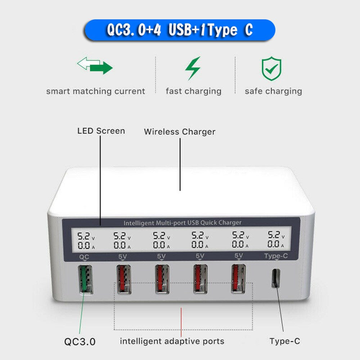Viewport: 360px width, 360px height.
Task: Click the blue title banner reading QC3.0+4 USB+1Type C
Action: (180, 30)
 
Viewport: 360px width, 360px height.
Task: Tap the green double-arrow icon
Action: (95, 66)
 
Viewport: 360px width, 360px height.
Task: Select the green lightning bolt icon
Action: (193, 68)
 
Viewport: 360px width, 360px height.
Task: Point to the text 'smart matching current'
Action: (95, 91)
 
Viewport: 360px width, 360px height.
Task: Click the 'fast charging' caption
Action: (193, 91)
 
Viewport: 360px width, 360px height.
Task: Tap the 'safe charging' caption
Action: (273, 91)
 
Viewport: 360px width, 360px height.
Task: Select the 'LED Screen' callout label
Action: (101, 131)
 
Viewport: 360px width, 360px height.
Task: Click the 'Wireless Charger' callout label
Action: (180, 132)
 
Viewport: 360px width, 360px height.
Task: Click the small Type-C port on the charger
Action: (276, 278)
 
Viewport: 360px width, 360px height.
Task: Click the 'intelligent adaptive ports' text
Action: (172, 341)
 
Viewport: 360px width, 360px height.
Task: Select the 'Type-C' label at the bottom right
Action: (284, 341)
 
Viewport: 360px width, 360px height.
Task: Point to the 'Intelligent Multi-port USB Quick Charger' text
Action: (182, 223)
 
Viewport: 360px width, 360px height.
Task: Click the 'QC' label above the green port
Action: (84, 256)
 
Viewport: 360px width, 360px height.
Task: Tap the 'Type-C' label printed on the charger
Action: (276, 256)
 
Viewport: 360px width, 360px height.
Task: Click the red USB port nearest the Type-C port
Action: (238, 279)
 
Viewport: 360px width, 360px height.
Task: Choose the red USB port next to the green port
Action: (123, 279)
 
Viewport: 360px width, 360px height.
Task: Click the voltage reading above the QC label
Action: (85, 237)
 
